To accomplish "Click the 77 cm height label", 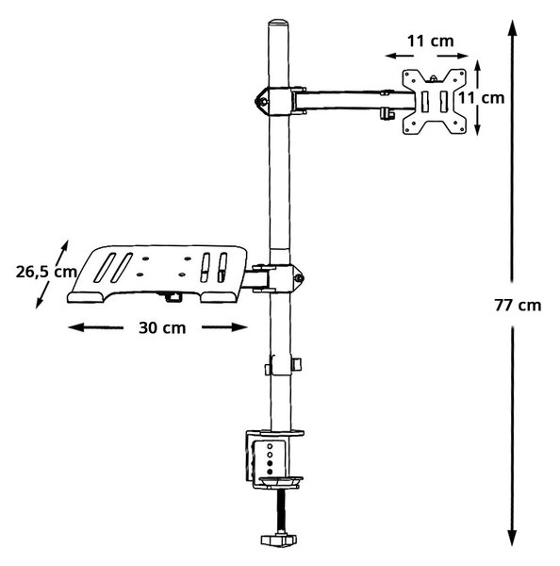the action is tap(518, 306).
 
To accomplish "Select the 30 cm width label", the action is tap(162, 327).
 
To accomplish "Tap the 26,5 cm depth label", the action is tap(46, 272).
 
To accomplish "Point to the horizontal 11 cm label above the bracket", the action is tap(431, 42).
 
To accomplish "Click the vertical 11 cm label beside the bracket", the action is tap(482, 98).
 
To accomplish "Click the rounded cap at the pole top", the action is tap(279, 23).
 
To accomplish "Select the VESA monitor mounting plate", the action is tap(434, 102).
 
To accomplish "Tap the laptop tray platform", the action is tap(157, 274).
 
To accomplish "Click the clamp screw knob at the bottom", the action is tap(279, 540).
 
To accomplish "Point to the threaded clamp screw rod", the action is tap(280, 511).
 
